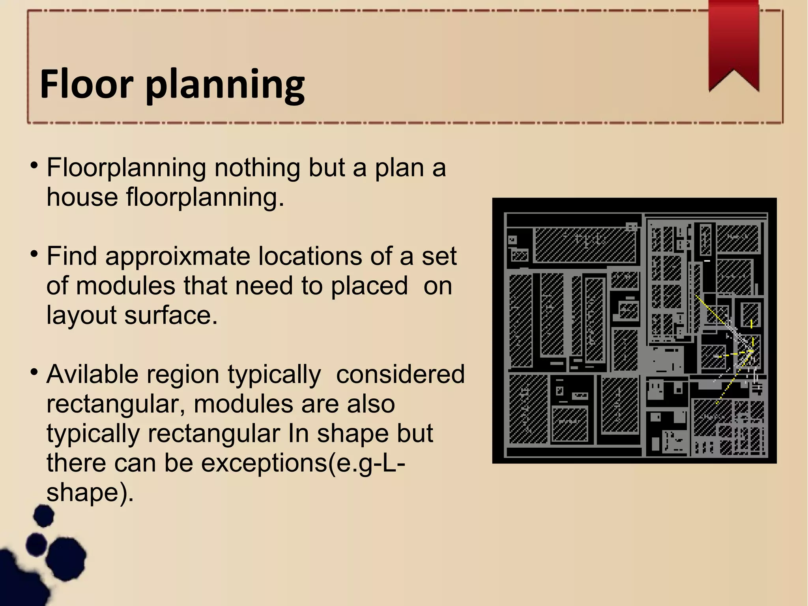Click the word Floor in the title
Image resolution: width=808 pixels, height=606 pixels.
coord(86,84)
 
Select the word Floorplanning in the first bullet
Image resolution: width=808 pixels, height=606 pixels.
coord(126,168)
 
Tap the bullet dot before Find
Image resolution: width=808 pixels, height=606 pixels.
coord(34,253)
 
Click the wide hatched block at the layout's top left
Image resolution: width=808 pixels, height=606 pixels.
coord(584,245)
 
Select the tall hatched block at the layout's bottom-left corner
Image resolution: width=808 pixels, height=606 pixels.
coord(527,409)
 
